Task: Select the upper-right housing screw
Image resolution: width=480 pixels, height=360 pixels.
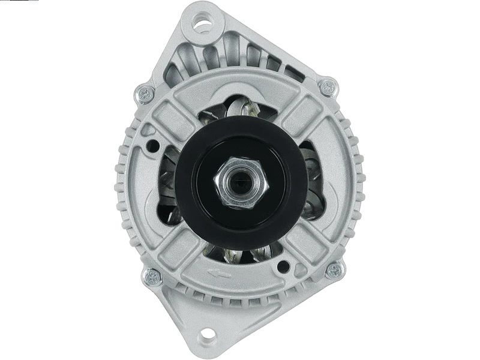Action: pyautogui.click(x=326, y=87)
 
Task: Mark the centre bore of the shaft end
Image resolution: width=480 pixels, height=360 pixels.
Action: pyautogui.click(x=241, y=180)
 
